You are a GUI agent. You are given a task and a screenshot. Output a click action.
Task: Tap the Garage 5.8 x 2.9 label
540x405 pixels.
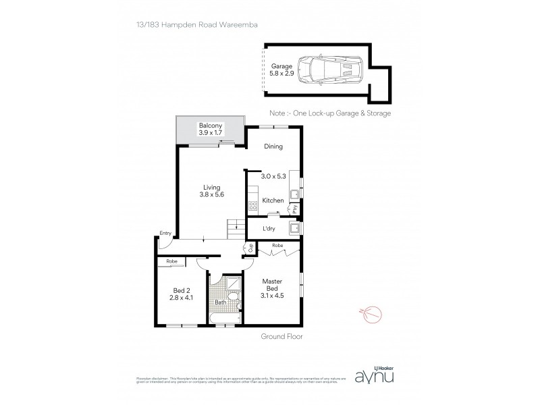pyautogui.click(x=281, y=70)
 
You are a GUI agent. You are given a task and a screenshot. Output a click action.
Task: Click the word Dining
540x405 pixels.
pyautogui.click(x=273, y=146)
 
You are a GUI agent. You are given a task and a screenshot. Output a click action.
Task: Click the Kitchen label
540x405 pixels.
pyautogui.click(x=273, y=200)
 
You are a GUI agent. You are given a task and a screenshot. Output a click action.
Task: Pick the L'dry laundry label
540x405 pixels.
pyautogui.click(x=269, y=229)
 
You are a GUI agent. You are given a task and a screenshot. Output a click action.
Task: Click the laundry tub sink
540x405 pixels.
pyautogui.click(x=294, y=227)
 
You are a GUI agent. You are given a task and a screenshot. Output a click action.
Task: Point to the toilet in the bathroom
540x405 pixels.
pyautogui.click(x=232, y=297)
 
